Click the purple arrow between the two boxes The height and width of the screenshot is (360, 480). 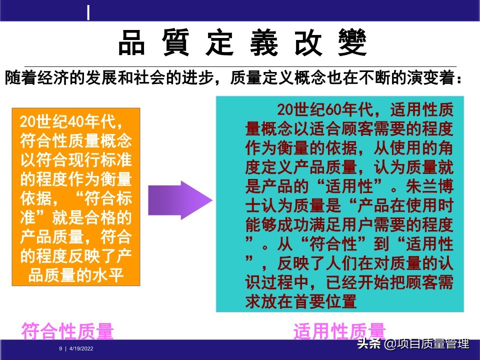[180, 200]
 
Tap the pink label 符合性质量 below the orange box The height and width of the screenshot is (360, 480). [67, 331]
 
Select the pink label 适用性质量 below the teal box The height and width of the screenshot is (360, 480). [339, 331]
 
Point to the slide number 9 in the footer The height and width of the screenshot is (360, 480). [60, 348]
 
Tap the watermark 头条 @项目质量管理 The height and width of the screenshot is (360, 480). [413, 344]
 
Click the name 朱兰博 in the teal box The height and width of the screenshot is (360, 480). [430, 187]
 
